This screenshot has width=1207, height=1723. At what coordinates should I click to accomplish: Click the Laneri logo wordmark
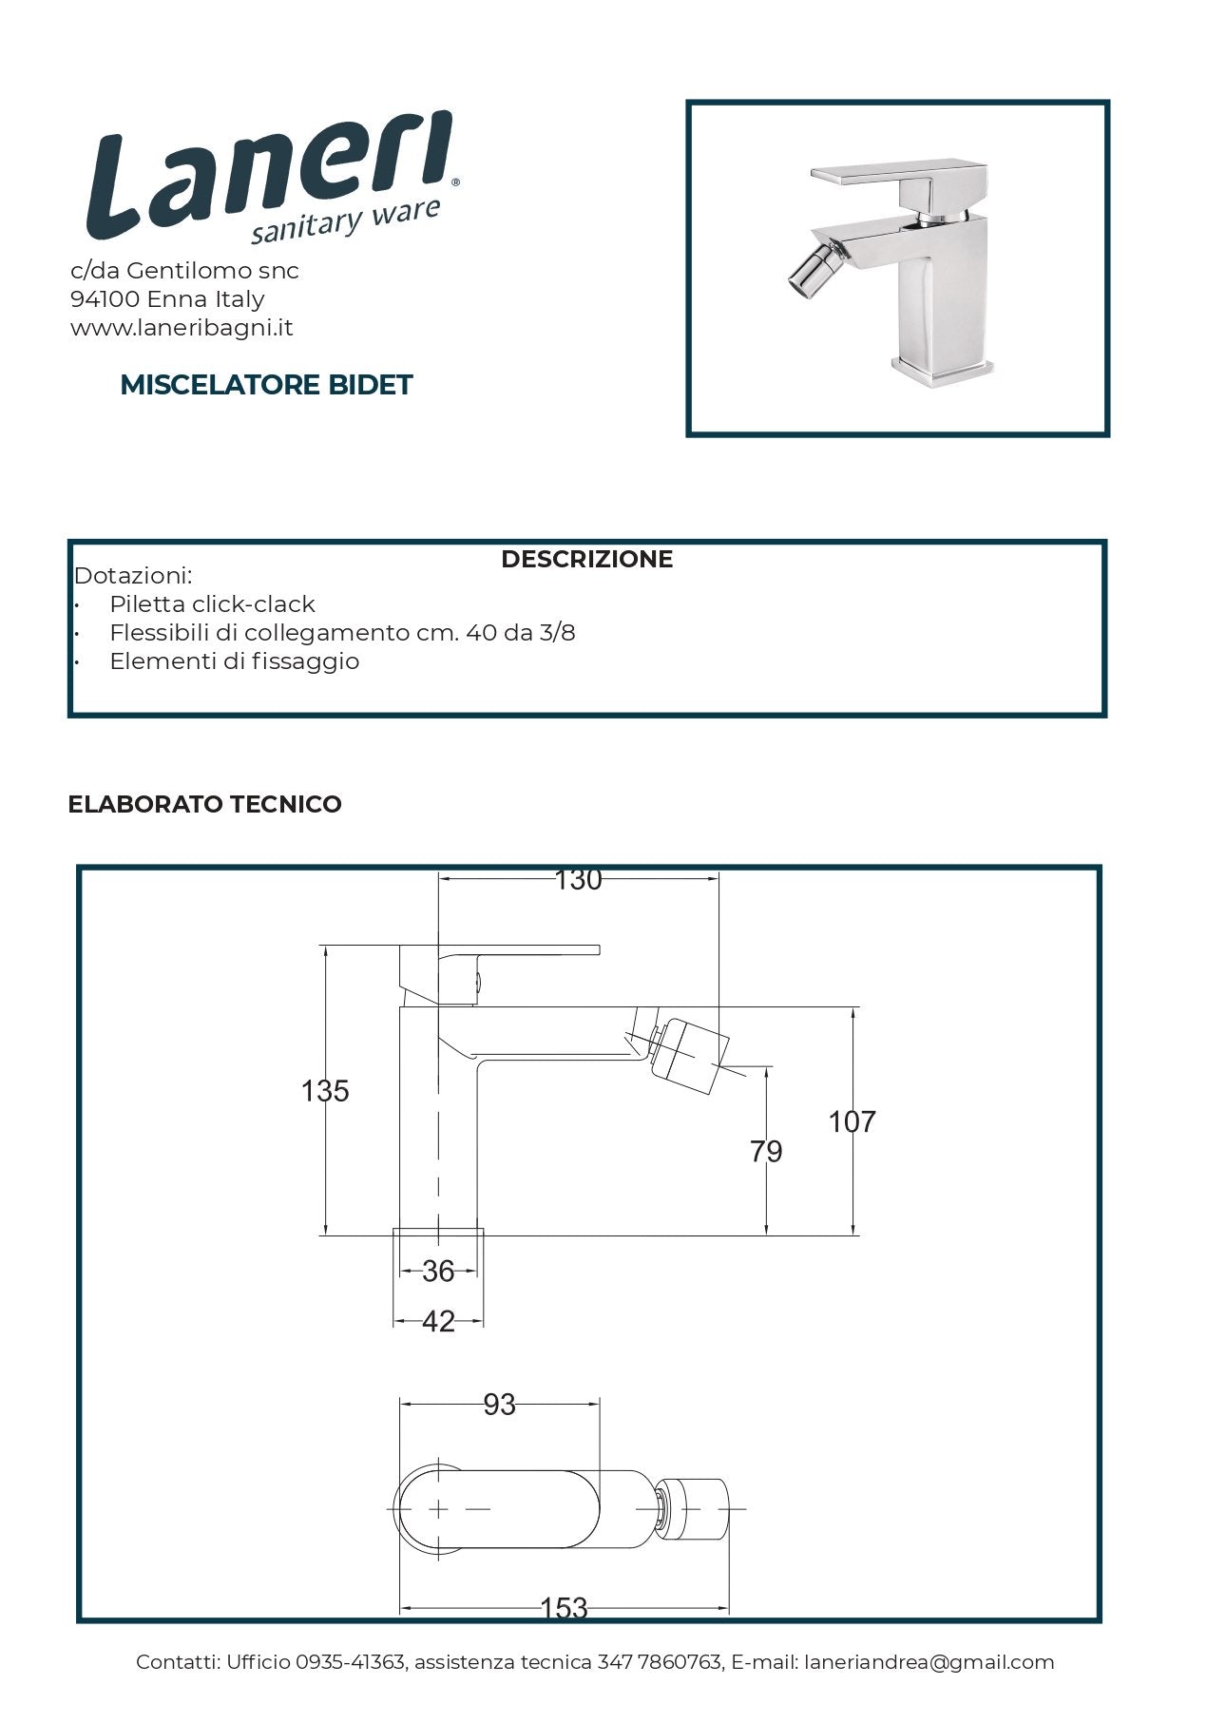(271, 181)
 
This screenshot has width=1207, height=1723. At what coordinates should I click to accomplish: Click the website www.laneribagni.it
(182, 328)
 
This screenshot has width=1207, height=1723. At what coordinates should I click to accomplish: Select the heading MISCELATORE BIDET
(266, 385)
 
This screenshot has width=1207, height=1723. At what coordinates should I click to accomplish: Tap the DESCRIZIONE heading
(586, 559)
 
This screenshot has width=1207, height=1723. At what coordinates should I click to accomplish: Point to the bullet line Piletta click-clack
(212, 604)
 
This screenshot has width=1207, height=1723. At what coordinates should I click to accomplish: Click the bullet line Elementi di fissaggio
(234, 661)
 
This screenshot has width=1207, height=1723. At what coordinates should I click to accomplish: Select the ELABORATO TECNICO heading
(204, 804)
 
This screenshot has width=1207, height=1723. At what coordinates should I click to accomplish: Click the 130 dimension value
(578, 880)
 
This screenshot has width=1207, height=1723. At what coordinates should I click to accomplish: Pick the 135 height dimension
(325, 1091)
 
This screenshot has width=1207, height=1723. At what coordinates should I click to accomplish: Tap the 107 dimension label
(852, 1122)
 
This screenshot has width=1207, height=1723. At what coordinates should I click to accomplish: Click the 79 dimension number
(766, 1152)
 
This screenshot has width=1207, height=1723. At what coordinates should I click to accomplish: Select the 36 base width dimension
(438, 1272)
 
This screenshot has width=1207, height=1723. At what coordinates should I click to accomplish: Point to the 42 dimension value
(438, 1322)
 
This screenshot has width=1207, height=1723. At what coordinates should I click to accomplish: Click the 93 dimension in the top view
(499, 1405)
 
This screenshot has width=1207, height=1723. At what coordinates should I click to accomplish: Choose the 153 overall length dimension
(564, 1608)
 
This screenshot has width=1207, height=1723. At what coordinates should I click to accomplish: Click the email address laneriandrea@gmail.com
(929, 1662)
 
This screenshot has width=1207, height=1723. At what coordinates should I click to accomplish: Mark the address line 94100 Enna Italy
(167, 299)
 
